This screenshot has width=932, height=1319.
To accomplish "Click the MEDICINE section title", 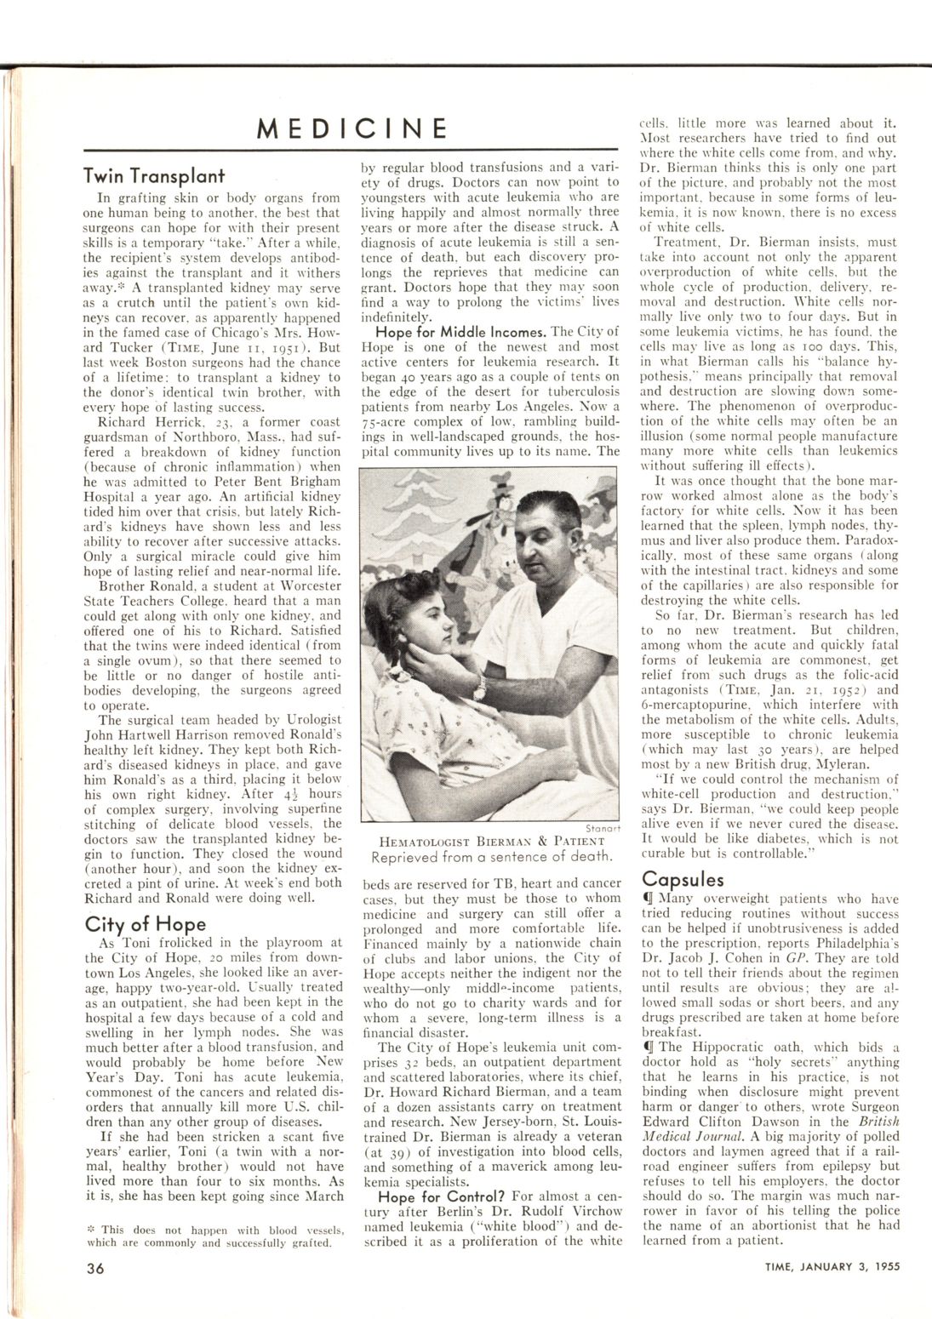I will point(352,128).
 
